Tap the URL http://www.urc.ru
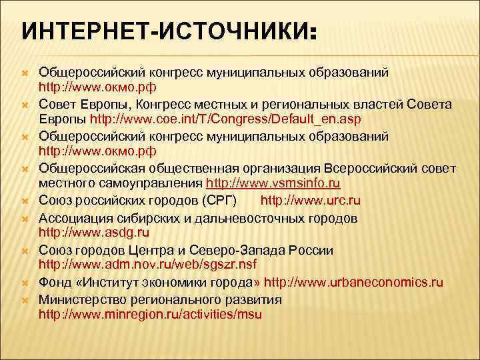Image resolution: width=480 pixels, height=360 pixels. tap(311, 200)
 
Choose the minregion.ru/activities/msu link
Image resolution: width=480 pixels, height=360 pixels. tap(150, 314)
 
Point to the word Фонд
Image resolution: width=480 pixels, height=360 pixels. tap(55, 282)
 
